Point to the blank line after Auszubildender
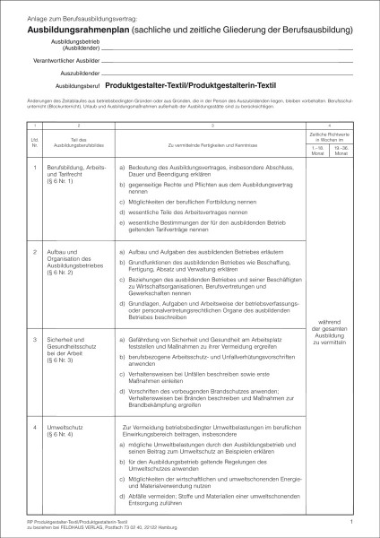[224, 73]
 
